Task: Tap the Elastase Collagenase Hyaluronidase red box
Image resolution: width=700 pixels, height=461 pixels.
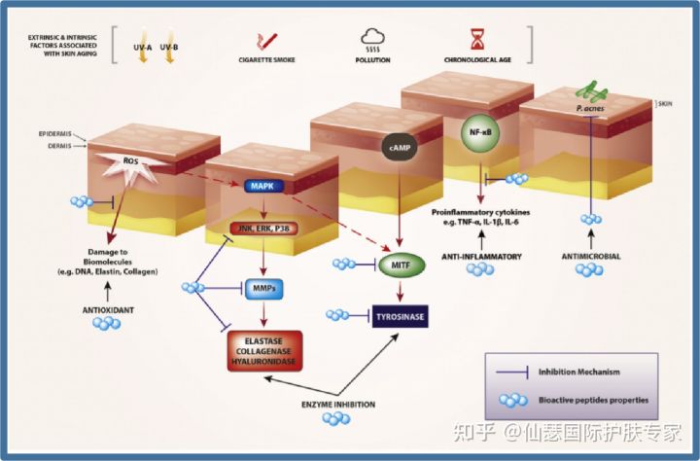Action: (266, 351)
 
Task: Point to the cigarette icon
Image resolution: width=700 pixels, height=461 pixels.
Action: (263, 42)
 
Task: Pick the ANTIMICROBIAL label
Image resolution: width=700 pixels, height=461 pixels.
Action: (591, 257)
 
